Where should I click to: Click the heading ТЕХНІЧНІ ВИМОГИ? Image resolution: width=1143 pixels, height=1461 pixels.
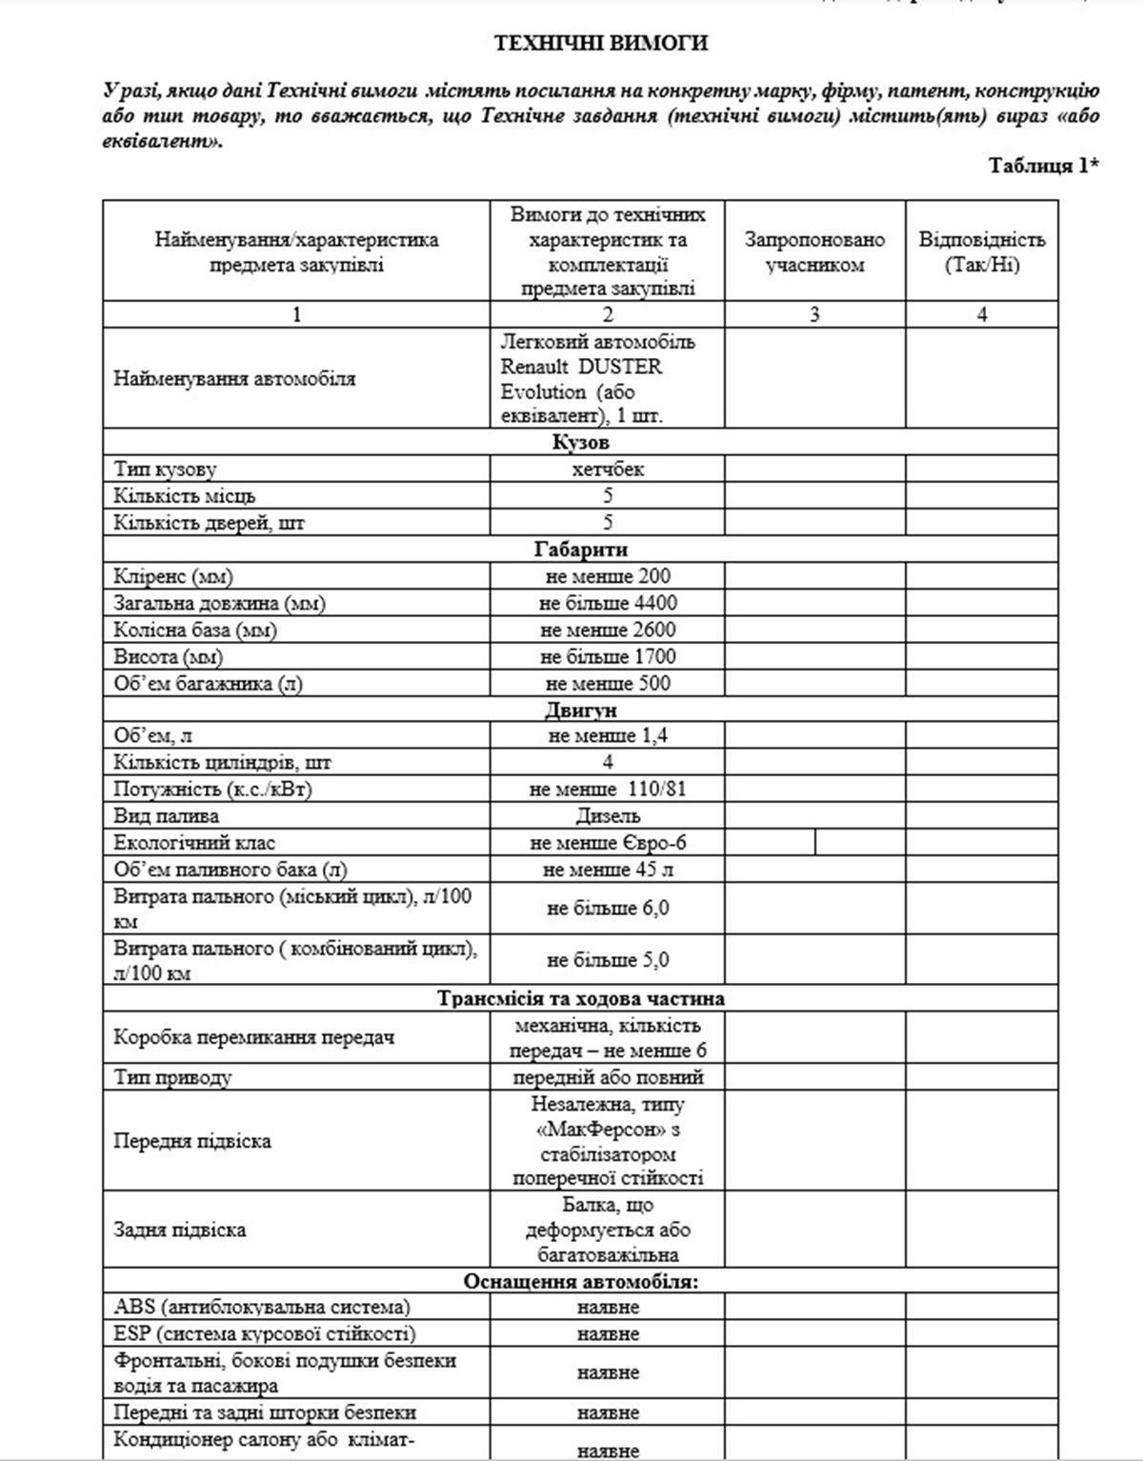[600, 43]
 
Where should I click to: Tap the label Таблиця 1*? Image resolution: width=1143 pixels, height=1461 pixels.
[1044, 165]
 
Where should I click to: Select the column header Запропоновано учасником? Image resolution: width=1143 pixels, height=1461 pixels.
[814, 251]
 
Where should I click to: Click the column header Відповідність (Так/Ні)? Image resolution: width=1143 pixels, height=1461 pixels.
[981, 251]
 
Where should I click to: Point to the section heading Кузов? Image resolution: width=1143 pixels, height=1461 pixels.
[580, 442]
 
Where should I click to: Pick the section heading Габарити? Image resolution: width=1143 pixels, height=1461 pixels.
[580, 549]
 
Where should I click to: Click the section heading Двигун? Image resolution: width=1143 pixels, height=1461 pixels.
[580, 710]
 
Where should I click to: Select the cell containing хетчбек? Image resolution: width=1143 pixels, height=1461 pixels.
[608, 469]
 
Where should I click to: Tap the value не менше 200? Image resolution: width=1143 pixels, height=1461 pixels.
[608, 575]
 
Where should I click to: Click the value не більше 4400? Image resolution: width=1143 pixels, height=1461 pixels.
[608, 602]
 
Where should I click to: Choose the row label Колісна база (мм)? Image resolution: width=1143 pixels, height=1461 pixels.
[195, 630]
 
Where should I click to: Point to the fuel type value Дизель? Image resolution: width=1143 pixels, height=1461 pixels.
[608, 815]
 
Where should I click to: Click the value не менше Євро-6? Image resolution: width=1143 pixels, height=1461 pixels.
[608, 842]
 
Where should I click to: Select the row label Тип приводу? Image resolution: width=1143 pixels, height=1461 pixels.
[172, 1077]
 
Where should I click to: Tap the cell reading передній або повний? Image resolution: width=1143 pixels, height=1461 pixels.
[608, 1077]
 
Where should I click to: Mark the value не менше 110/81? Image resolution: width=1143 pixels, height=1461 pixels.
[608, 789]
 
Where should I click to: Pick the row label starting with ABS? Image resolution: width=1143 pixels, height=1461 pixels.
[262, 1307]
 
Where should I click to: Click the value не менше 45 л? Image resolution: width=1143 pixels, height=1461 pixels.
[608, 869]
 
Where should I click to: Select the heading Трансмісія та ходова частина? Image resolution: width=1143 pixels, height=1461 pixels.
[580, 998]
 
